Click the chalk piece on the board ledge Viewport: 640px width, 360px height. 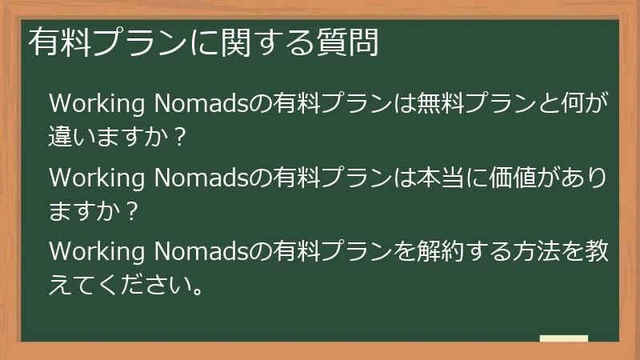click(563, 338)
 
